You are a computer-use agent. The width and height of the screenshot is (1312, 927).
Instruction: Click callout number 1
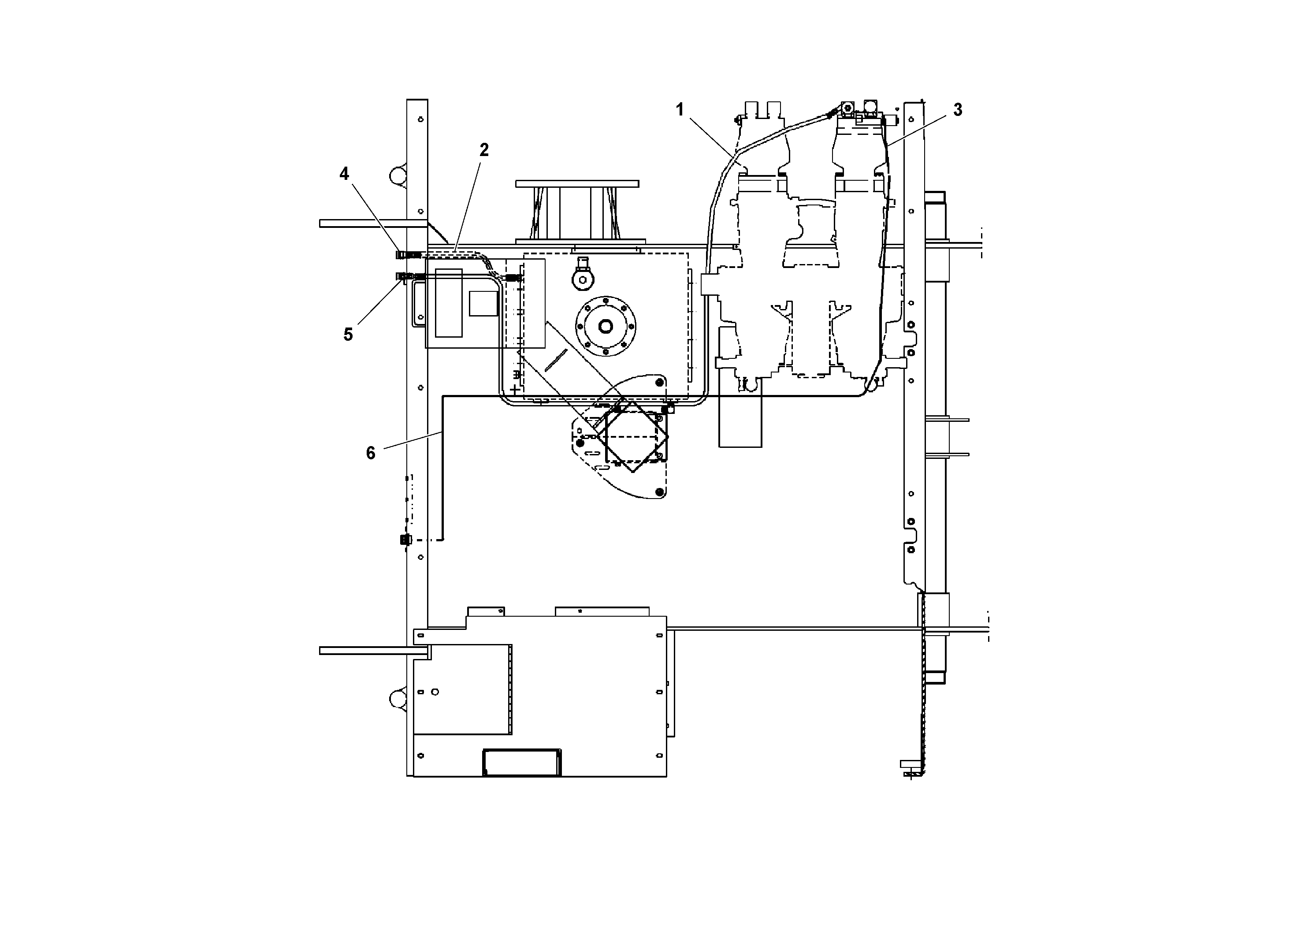680,109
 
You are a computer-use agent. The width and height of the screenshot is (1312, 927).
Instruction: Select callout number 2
484,150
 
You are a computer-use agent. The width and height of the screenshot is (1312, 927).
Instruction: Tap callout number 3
958,110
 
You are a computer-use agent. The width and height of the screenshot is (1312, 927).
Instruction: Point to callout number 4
344,174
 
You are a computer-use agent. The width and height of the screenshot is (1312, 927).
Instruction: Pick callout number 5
348,334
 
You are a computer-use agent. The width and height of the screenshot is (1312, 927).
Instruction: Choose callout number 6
370,453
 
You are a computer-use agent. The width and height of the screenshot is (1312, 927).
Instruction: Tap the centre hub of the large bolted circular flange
605,326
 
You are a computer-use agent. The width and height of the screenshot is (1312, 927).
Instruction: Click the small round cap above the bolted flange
584,279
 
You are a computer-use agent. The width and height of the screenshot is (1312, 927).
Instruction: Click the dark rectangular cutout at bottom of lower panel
522,763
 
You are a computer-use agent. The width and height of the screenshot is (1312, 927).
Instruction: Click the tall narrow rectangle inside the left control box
449,302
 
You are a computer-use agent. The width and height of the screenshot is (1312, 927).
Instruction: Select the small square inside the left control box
483,303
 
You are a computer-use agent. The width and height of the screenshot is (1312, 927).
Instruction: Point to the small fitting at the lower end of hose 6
405,540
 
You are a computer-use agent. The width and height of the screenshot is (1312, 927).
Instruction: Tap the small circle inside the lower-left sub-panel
435,692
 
